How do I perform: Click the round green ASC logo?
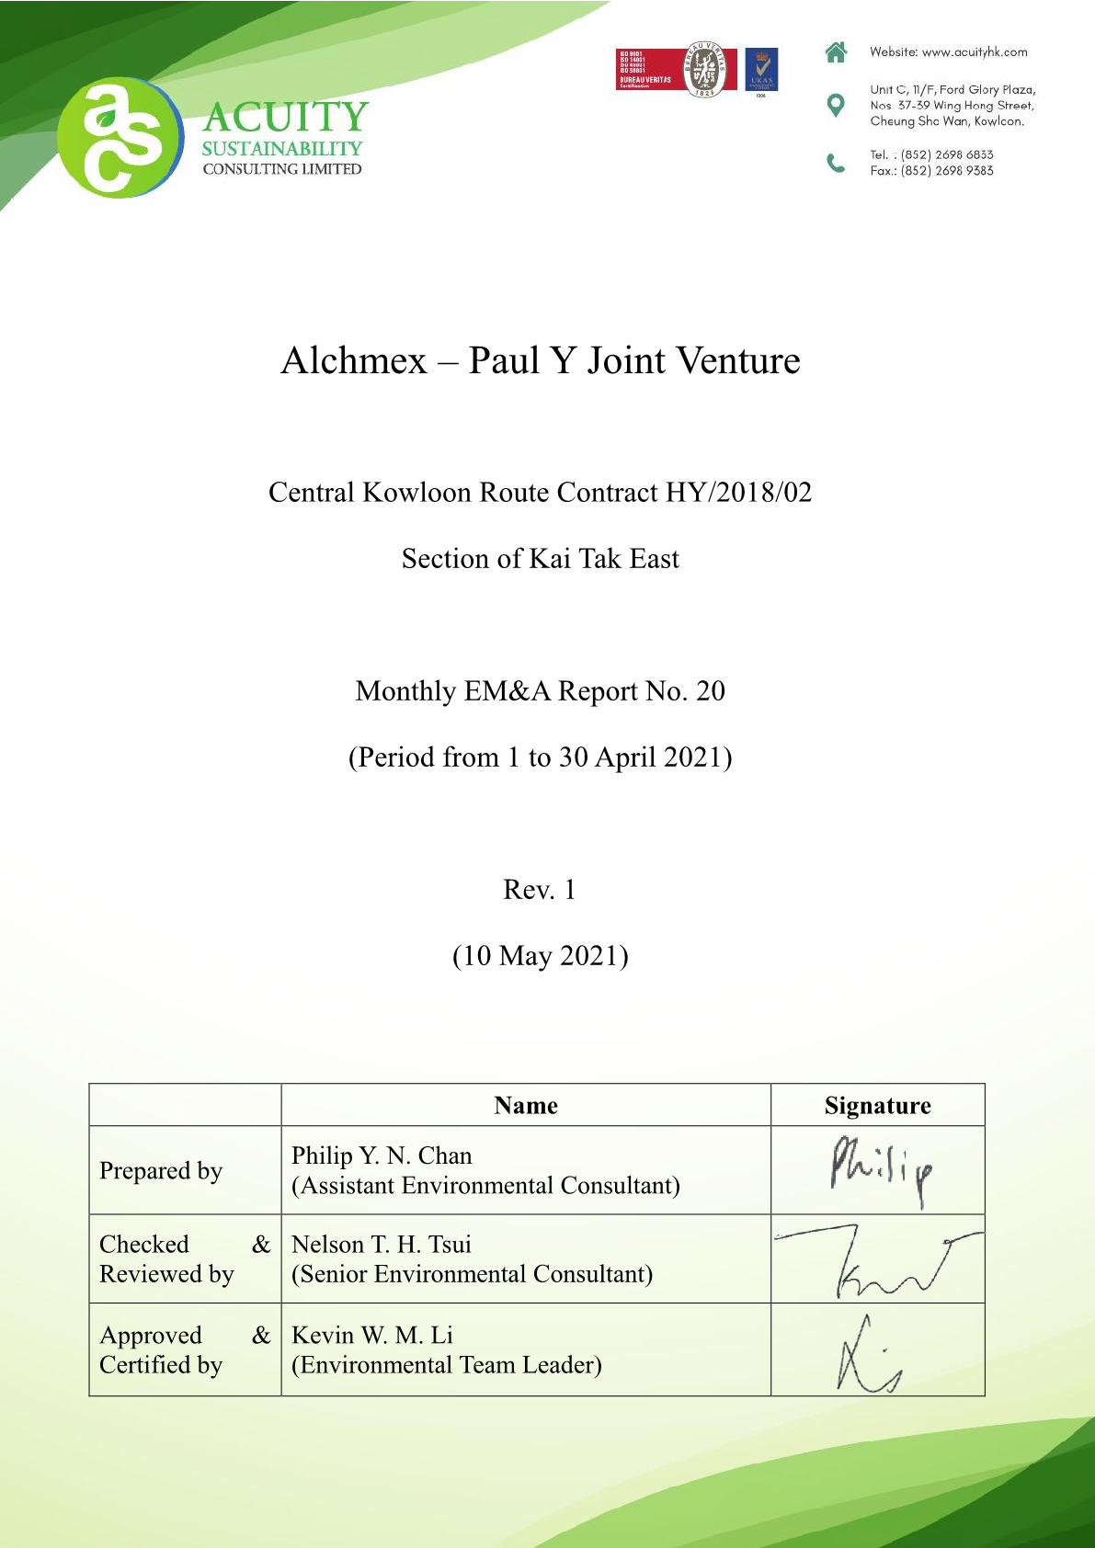(120, 138)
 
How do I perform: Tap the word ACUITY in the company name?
(286, 118)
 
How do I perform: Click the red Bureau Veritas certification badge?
(675, 70)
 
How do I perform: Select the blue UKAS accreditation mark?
(761, 71)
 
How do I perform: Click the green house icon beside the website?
(836, 52)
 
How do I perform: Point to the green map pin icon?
(836, 105)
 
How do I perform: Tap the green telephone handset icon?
(836, 163)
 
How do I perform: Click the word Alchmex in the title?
(354, 360)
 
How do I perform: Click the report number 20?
(711, 691)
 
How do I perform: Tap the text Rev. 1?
(540, 890)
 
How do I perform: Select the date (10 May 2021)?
(541, 956)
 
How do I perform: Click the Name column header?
(526, 1106)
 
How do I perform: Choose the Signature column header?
(877, 1106)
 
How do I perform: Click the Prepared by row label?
(161, 1171)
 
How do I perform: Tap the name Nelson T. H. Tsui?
(382, 1245)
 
